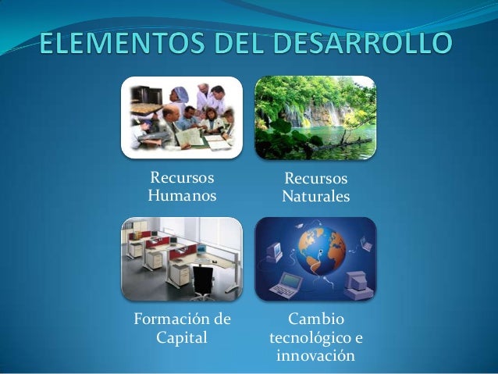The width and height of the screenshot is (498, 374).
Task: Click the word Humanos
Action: (182, 194)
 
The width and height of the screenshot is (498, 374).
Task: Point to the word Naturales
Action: (316, 196)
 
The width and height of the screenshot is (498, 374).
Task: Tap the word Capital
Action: (182, 338)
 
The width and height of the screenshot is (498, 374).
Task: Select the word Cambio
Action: (315, 320)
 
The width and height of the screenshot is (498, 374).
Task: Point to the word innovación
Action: (315, 357)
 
